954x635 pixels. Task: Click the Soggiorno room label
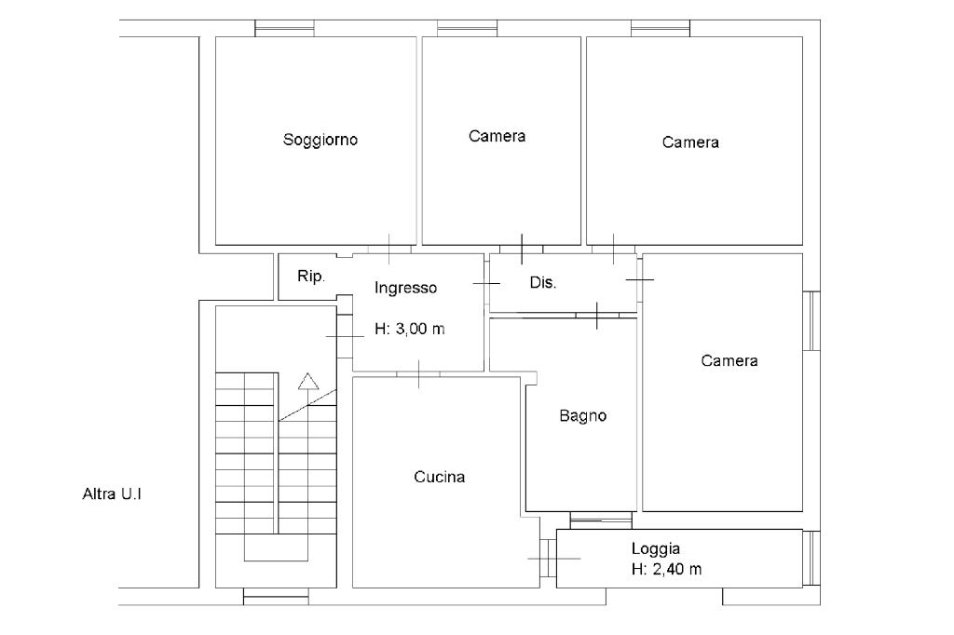click(x=320, y=140)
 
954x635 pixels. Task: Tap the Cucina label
click(x=440, y=477)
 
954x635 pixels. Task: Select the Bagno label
click(x=583, y=416)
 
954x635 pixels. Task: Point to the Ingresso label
click(x=405, y=288)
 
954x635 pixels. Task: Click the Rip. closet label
click(x=311, y=277)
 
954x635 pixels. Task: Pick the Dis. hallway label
click(x=543, y=282)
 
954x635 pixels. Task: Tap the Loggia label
click(x=655, y=548)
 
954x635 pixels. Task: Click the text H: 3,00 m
click(x=410, y=329)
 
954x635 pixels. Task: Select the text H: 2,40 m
click(x=666, y=569)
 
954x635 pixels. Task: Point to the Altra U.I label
click(x=112, y=493)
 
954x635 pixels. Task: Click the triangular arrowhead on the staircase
click(x=308, y=381)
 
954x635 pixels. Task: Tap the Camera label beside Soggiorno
click(x=497, y=136)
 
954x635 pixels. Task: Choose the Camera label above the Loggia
click(x=729, y=360)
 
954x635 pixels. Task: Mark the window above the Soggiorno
click(x=284, y=28)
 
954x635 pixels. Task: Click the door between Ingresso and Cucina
click(x=418, y=373)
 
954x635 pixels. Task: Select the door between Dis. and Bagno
click(x=597, y=315)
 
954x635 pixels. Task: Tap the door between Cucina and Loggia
click(x=549, y=558)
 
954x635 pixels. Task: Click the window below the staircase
click(x=276, y=596)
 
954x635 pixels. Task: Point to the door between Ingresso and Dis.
click(x=486, y=283)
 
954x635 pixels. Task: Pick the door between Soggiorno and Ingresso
click(x=388, y=249)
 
